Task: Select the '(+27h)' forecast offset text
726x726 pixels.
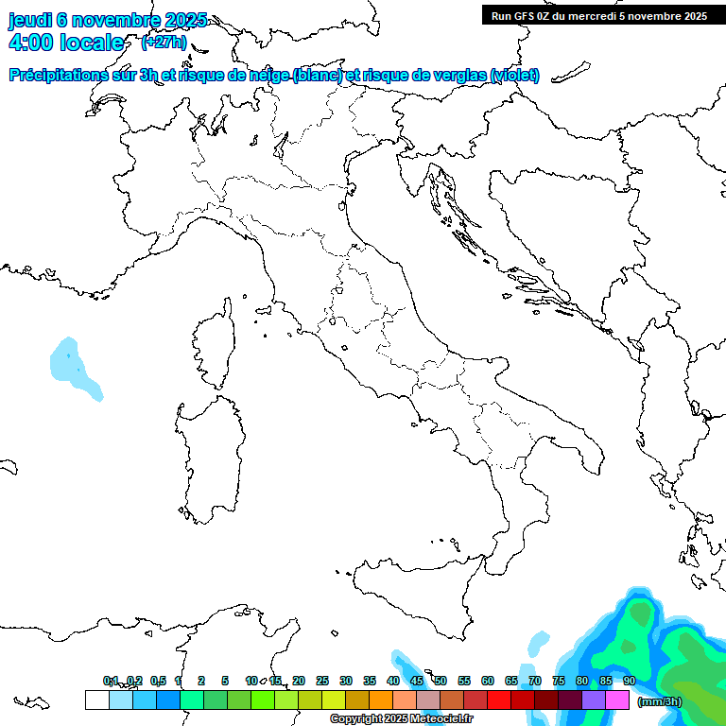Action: point(164,43)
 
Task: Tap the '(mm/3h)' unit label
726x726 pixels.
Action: point(660,701)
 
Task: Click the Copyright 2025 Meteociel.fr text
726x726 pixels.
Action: point(402,719)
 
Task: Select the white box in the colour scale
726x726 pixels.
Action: point(96,700)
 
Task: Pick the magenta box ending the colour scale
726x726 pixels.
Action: point(617,700)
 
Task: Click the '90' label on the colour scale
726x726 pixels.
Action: point(630,681)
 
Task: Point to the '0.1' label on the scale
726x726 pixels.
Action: point(111,681)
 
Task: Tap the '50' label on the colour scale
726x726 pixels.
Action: point(441,681)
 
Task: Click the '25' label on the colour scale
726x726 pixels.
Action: point(322,681)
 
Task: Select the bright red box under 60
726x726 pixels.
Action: point(499,700)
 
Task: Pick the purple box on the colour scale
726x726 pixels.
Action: point(594,700)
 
